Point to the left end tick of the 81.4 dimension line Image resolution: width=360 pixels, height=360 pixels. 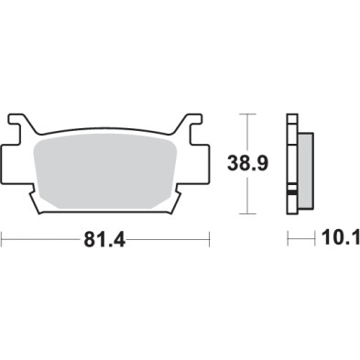[3, 240]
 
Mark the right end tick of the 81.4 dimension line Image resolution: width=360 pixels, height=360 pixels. [211, 240]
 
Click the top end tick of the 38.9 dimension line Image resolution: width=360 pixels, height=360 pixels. [247, 115]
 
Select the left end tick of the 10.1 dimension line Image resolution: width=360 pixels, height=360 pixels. [289, 240]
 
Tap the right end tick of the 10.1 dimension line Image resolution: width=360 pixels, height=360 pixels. [312, 240]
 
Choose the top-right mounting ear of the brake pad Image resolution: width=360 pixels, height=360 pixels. [194, 120]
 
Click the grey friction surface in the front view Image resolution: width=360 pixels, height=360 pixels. [106, 169]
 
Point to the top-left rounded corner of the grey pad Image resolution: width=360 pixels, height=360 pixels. [37, 142]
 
